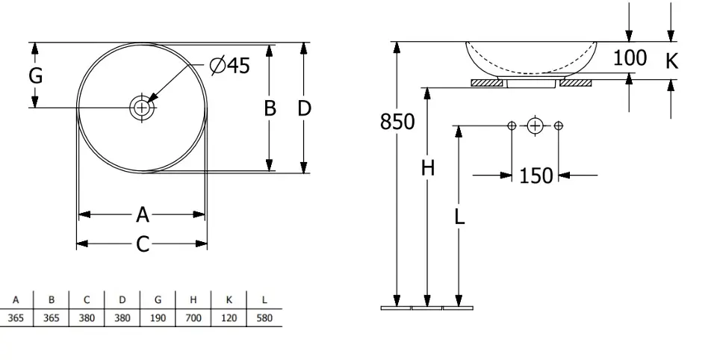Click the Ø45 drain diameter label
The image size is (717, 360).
pos(229,66)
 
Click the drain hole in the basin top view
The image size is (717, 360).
pos(141,108)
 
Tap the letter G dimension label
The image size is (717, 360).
pos(35,75)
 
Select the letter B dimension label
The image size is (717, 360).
pos(270,108)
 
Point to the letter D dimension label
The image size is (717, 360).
pos(304,108)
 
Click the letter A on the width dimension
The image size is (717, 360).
pos(143,215)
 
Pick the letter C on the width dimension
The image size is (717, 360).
pos(143,244)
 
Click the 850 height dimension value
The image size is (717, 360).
pos(397,121)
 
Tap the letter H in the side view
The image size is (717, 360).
pos(427,169)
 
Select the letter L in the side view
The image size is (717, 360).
pos(459,217)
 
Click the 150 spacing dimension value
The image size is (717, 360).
pos(536,176)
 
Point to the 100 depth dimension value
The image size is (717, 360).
pos(630,58)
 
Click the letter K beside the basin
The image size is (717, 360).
pos(671,61)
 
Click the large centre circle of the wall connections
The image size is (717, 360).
pos(535,125)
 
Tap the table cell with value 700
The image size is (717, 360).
pos(193,318)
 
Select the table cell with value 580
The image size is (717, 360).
pos(264,318)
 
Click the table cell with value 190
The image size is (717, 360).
pos(158,318)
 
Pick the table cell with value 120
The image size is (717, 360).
pos(229,318)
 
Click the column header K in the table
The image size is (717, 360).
pos(229,300)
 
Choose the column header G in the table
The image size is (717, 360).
pos(158,300)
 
